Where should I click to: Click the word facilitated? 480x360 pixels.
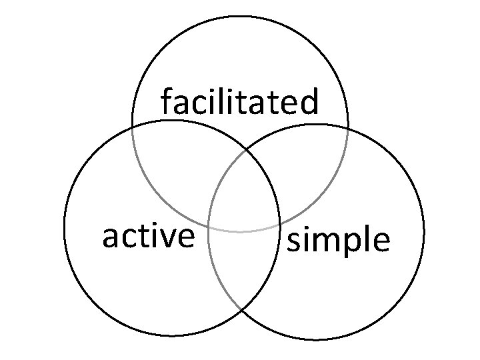240,103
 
